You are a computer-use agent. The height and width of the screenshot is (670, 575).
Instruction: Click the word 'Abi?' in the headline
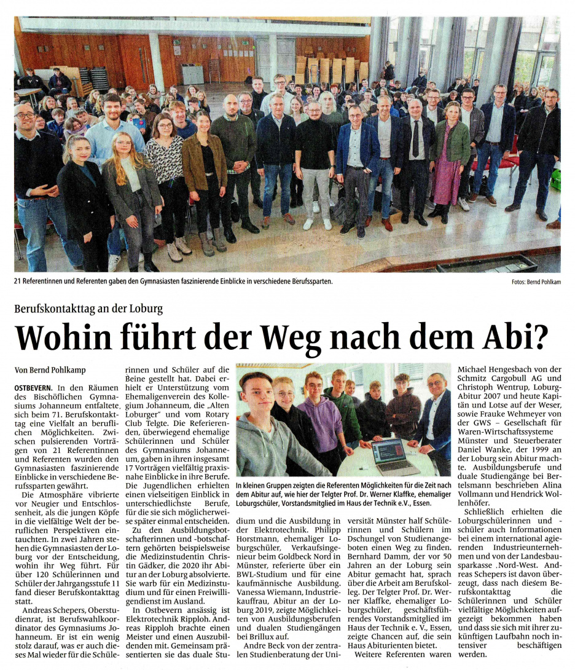click(x=512, y=337)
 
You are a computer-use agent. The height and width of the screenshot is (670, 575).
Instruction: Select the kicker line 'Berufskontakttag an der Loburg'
click(x=88, y=309)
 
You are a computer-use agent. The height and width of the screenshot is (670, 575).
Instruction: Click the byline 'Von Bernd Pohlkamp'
click(x=50, y=370)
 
